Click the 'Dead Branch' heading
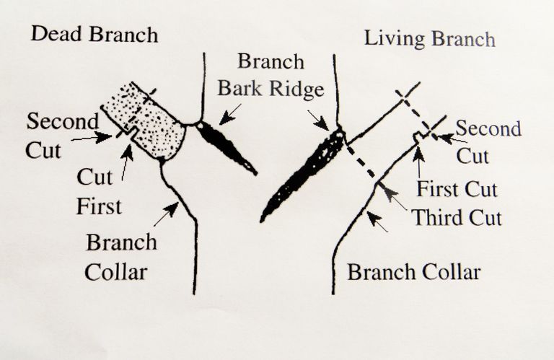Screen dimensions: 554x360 94,35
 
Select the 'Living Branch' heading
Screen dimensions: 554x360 430,38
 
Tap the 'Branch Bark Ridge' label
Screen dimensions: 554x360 271,75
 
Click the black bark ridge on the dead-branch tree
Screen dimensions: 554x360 226,148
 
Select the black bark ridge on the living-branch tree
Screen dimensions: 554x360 304,174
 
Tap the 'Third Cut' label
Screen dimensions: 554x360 457,217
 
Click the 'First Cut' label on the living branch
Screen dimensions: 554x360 457,189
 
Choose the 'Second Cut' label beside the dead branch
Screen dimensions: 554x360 62,136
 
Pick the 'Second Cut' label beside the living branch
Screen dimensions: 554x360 488,142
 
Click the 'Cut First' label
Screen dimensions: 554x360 99,191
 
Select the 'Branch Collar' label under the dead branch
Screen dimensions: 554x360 121,257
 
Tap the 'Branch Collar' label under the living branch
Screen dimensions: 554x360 414,273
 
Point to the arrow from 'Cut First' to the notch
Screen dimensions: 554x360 127,162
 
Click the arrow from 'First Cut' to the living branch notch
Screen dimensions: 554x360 418,162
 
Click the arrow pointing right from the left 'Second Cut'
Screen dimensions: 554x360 92,137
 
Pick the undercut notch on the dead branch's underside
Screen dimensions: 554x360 133,133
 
